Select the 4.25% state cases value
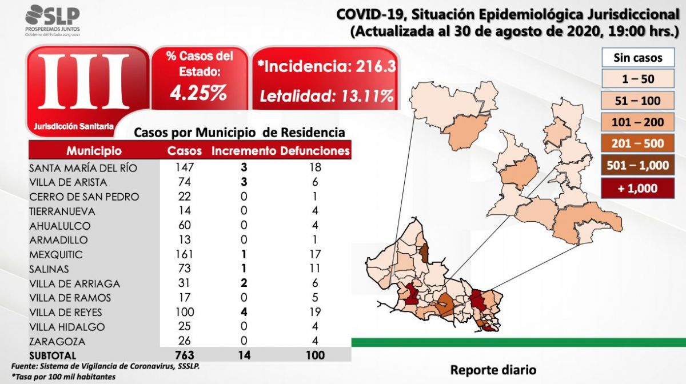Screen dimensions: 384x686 pos(198,93)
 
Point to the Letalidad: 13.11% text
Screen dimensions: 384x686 pos(326,95)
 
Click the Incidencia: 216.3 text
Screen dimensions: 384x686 pos(326,66)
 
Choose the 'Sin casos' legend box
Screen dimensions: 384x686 pos(637,58)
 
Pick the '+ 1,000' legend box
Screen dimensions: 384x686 pos(637,187)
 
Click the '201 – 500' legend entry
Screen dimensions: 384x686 pos(637,144)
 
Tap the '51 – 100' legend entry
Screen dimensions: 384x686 pos(637,101)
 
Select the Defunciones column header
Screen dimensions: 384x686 pos(315,151)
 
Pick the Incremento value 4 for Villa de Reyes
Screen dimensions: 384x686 pos(244,312)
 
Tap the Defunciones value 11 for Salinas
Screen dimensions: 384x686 pos(314,269)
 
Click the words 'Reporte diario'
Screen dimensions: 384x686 pos(493,370)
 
